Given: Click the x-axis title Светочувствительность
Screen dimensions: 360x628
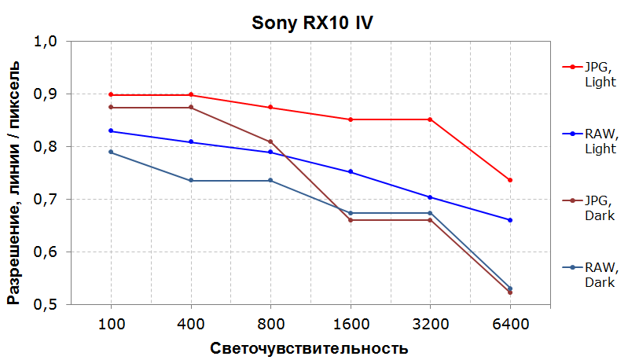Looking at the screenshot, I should point(310,347).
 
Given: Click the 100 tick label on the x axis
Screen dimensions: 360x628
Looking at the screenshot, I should point(111,324).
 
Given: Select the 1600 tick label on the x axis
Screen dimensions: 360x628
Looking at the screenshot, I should point(351,324).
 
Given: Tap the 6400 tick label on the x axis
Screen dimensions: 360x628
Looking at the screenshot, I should point(510,324).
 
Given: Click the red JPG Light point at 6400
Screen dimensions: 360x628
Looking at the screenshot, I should point(510,180).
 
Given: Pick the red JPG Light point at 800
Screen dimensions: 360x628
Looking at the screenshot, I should point(270,108).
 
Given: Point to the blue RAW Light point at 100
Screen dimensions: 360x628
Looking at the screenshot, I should point(111,130).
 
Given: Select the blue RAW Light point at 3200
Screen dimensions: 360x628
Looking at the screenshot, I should point(430,197).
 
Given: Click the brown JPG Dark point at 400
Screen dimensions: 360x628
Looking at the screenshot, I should point(191,108).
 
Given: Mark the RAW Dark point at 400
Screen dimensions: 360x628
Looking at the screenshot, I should point(191,181).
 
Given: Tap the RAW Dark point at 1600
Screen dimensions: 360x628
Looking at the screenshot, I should point(351,213).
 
